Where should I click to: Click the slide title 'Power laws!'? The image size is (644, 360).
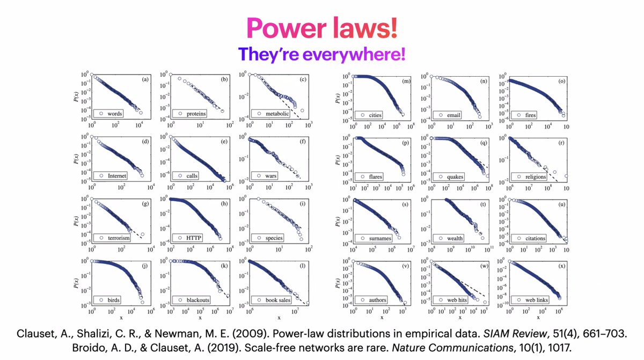coord(321,28)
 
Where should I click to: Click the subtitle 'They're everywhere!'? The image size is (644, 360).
coord(321,54)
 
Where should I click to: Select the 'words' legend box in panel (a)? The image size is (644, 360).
coord(109,114)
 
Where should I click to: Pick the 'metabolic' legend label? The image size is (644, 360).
coord(277,114)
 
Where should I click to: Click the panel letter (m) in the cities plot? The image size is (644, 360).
coord(406,80)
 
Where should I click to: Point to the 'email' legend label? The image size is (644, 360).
coord(446,114)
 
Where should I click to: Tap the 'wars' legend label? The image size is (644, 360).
coord(270,176)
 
